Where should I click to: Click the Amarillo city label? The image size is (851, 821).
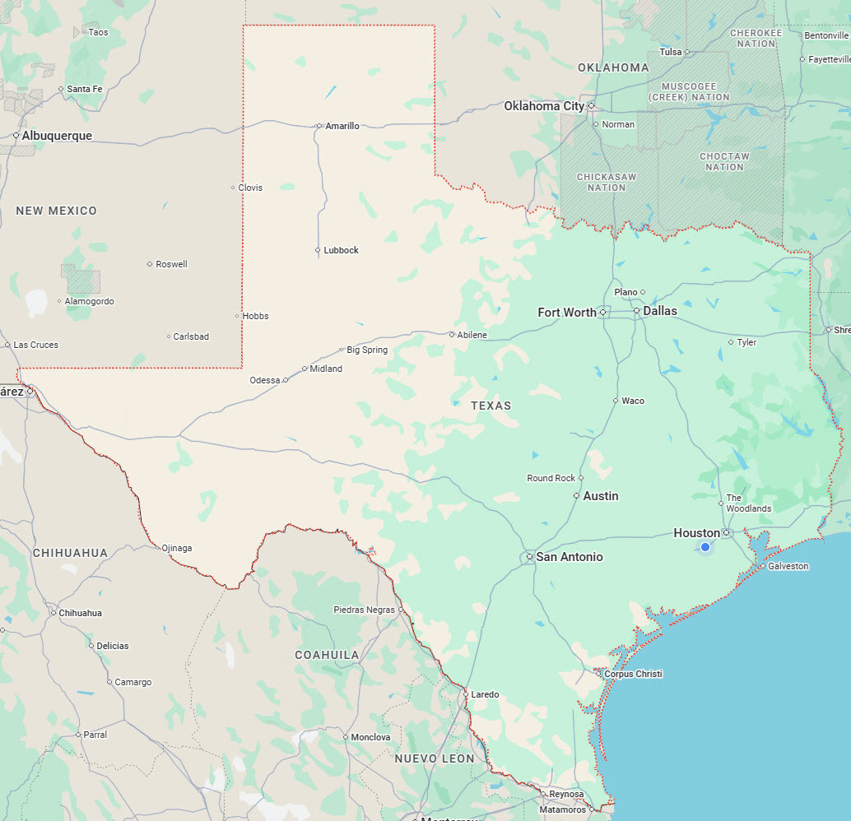click(x=342, y=126)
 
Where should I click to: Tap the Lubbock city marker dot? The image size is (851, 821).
click(x=318, y=250)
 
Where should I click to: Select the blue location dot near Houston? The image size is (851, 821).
click(x=705, y=547)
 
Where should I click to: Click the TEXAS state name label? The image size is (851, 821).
click(x=491, y=406)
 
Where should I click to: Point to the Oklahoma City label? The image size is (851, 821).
click(x=544, y=105)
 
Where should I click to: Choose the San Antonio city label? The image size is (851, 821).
click(x=570, y=557)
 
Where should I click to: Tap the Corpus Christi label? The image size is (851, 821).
click(x=633, y=674)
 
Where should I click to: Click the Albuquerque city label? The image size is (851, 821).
click(x=57, y=136)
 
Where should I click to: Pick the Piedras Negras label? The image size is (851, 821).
click(x=364, y=610)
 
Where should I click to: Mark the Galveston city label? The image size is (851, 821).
click(x=788, y=566)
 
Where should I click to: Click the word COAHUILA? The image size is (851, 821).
click(x=328, y=655)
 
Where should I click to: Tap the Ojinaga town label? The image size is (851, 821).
click(x=176, y=548)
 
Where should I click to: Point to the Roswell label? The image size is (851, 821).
click(x=171, y=264)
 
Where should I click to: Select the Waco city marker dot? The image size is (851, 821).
click(x=616, y=401)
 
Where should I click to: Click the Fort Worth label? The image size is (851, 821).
click(x=567, y=312)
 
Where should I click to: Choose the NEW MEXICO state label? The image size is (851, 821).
click(x=56, y=211)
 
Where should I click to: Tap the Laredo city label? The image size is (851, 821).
click(x=485, y=694)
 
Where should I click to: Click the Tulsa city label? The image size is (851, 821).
click(x=671, y=52)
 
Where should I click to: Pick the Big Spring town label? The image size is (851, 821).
click(x=367, y=350)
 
